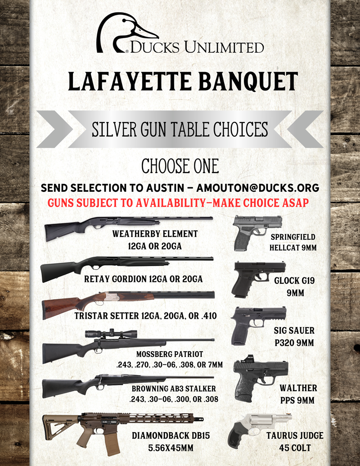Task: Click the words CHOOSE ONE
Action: (x=180, y=166)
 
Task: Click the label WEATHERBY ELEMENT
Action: (x=155, y=234)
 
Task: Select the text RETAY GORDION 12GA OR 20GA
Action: (x=143, y=279)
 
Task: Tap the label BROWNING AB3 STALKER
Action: (x=174, y=388)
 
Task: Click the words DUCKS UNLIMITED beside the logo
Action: (x=197, y=47)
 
